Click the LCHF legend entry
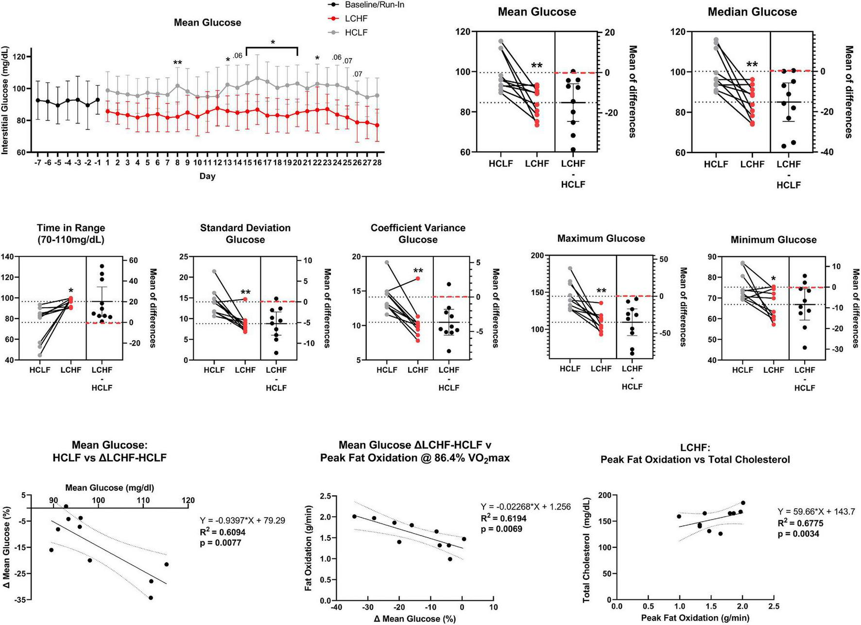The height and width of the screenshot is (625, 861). [356, 18]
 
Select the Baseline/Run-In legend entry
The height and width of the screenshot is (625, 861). [374, 5]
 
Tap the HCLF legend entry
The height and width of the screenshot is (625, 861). [356, 33]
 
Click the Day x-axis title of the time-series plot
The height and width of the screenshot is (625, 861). [207, 176]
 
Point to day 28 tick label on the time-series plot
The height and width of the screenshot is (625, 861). [377, 162]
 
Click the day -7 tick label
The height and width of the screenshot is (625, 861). [37, 162]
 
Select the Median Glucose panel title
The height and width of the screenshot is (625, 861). [752, 12]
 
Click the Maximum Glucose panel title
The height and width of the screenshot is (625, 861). [601, 239]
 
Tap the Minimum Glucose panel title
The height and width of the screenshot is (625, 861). [774, 240]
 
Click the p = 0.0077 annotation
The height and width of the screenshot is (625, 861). [221, 543]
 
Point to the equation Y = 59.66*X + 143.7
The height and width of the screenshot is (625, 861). [816, 512]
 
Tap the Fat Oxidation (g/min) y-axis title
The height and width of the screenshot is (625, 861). [309, 548]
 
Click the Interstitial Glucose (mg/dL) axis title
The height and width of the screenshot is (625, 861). [5, 101]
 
